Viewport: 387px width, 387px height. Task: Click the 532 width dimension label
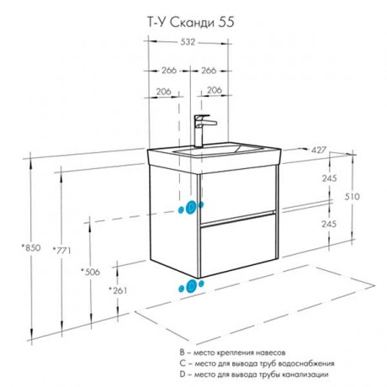(188, 42)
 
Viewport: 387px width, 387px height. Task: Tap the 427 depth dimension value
(319, 151)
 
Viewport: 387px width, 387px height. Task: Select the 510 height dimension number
(352, 197)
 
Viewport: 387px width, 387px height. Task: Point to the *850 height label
(31, 248)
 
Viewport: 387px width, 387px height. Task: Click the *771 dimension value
(61, 250)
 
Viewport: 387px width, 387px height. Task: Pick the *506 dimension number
(90, 272)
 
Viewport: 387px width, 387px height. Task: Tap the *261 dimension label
(118, 290)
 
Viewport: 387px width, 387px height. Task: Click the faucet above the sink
(204, 130)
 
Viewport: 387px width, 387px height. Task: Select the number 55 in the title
(226, 23)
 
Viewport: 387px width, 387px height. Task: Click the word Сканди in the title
(193, 23)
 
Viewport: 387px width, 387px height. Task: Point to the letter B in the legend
(183, 353)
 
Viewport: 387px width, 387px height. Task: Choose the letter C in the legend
(183, 363)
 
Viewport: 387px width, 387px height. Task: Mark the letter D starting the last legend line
(183, 374)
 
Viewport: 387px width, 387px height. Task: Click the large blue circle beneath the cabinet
(192, 286)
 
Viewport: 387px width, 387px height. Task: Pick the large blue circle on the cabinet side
(191, 208)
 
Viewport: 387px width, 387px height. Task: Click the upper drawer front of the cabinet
(238, 193)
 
